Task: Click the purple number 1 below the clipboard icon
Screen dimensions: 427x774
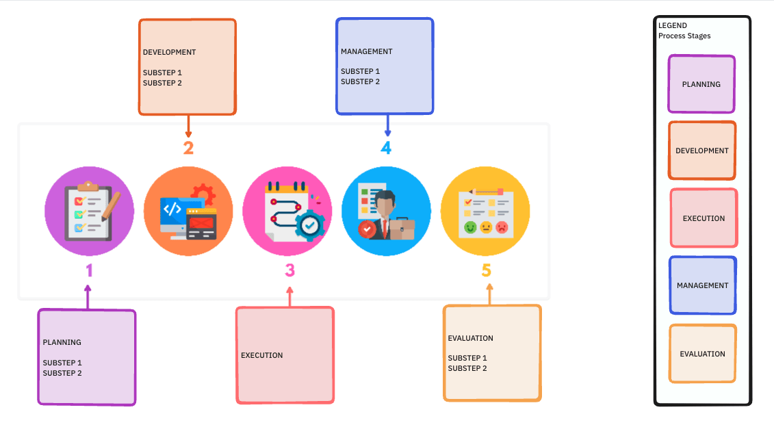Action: pyautogui.click(x=89, y=270)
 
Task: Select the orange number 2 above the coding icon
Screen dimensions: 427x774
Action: pyautogui.click(x=188, y=148)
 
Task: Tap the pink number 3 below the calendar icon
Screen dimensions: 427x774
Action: pyautogui.click(x=290, y=270)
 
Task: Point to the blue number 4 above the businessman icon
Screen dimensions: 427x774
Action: pyautogui.click(x=386, y=148)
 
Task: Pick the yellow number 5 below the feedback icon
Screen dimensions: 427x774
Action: pyautogui.click(x=487, y=270)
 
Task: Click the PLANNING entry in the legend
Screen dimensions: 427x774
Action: pyautogui.click(x=701, y=84)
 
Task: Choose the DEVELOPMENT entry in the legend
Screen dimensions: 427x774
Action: pyautogui.click(x=702, y=151)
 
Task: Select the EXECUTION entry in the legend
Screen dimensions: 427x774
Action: pyautogui.click(x=704, y=218)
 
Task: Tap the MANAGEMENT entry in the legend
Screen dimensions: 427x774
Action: pyautogui.click(x=703, y=285)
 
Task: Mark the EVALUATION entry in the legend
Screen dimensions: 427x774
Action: pyautogui.click(x=703, y=354)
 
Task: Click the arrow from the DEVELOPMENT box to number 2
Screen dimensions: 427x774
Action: pyautogui.click(x=188, y=127)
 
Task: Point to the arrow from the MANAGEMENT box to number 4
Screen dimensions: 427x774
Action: pyautogui.click(x=387, y=125)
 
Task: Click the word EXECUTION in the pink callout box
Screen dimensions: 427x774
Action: pyautogui.click(x=262, y=355)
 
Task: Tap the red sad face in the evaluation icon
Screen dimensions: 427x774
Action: pyautogui.click(x=502, y=227)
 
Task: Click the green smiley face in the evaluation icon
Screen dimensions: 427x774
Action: pyautogui.click(x=470, y=227)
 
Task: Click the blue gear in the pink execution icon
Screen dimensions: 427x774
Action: pyautogui.click(x=311, y=226)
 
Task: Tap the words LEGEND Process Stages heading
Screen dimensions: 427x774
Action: pyautogui.click(x=684, y=31)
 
